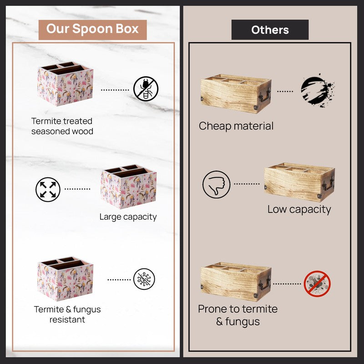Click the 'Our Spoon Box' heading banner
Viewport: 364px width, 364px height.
tap(92, 30)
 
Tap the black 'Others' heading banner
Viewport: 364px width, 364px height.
tap(270, 30)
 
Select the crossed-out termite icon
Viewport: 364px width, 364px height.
tap(146, 89)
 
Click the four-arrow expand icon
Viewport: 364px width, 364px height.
tap(48, 189)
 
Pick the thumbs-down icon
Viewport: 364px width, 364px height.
tap(217, 185)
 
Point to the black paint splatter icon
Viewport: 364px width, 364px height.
tap(317, 90)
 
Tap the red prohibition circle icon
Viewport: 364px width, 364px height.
tap(317, 283)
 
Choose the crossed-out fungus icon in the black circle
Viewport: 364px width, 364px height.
tap(144, 279)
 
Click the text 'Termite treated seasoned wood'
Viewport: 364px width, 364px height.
tap(62, 126)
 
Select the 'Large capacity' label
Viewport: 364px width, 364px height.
tap(128, 217)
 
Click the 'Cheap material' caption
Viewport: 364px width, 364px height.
tap(236, 126)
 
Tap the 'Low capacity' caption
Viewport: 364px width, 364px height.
tap(299, 210)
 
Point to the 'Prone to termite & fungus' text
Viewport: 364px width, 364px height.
tap(238, 315)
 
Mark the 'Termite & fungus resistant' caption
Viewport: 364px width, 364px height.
tap(67, 314)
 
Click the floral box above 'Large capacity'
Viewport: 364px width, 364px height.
tap(129, 187)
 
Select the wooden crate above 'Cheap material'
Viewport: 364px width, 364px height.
tap(236, 94)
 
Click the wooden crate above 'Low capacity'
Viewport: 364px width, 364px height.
tap(299, 182)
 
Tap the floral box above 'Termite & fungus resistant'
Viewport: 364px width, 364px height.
tap(65, 278)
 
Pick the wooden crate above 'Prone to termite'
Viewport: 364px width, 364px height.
tap(236, 282)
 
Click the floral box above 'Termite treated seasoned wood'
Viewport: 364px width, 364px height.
tap(65, 84)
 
